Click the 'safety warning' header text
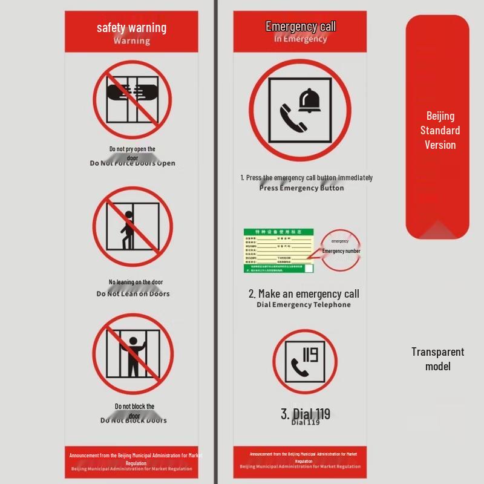coord(131,28)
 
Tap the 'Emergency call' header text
coord(300,27)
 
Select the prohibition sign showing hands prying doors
coord(132,99)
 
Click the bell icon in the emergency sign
coord(310,100)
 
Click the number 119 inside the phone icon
coord(310,353)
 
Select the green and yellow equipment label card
coord(279,250)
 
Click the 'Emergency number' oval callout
coord(341,250)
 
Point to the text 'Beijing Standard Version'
coord(440,130)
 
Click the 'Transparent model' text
coord(437,359)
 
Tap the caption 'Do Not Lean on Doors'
coord(133,294)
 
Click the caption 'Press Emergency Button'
coord(301,188)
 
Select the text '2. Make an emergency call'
coord(304,294)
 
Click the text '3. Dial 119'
coord(306,414)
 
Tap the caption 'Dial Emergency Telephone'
coord(303,305)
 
